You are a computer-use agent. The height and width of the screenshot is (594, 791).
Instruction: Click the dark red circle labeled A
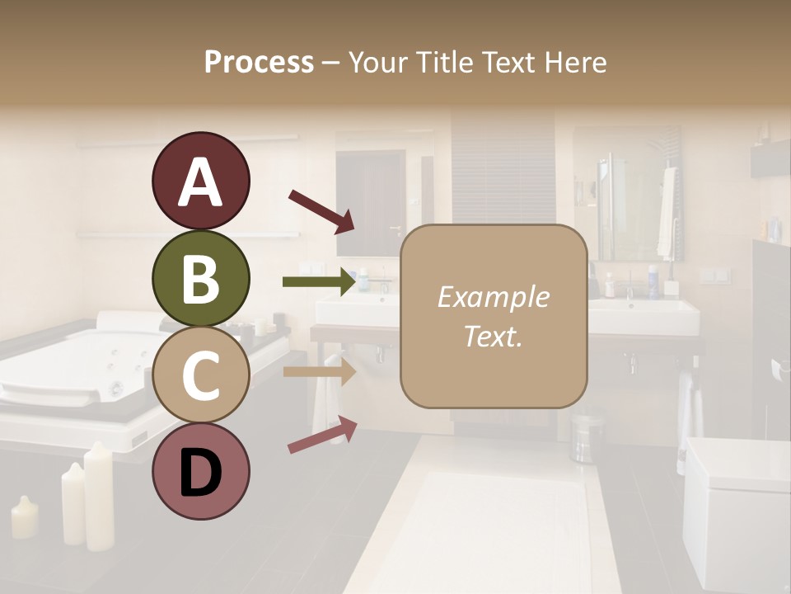click(200, 181)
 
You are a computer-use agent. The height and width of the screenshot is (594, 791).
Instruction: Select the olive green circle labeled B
click(200, 279)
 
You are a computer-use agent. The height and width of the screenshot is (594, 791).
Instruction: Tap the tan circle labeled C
click(200, 375)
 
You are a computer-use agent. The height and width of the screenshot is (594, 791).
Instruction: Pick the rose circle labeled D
click(200, 472)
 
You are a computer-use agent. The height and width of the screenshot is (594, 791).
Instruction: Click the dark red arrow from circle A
click(321, 210)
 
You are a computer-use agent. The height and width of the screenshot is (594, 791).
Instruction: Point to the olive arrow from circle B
click(319, 281)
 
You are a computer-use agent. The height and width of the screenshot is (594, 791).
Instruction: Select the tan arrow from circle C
click(319, 371)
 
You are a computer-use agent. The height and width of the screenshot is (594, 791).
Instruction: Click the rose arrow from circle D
click(322, 435)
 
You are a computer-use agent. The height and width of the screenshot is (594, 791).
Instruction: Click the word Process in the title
click(259, 62)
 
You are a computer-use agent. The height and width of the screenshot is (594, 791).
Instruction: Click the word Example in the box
click(493, 297)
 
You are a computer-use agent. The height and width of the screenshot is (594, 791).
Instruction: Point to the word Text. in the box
click(493, 336)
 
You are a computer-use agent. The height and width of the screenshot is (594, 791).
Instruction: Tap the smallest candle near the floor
click(24, 517)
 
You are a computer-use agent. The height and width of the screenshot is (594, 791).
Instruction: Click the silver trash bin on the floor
click(587, 437)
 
